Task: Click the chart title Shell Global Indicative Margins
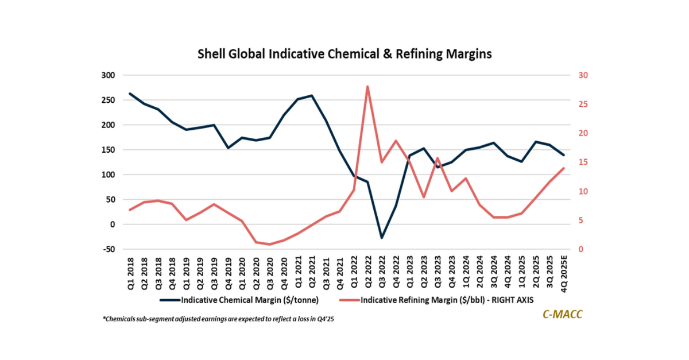[x=344, y=54]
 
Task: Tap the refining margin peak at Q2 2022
[x=367, y=87]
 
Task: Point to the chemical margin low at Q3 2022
[x=381, y=238]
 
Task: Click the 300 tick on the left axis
[x=109, y=75]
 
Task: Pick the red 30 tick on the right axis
[x=575, y=75]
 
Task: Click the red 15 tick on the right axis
[x=575, y=162]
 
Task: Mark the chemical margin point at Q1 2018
[x=130, y=94]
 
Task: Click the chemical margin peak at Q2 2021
[x=311, y=95]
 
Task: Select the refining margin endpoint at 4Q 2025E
[x=563, y=168]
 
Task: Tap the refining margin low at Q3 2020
[x=270, y=245]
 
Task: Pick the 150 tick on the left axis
[x=109, y=150]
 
